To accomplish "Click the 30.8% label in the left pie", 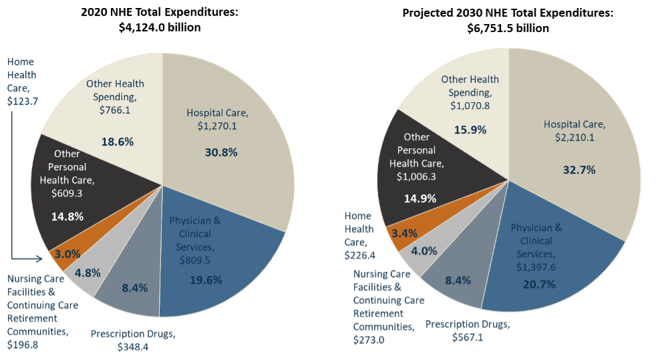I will coord(221,152).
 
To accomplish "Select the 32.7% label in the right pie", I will coord(579,170).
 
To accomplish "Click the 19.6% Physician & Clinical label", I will coord(205,280).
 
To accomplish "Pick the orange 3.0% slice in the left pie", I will coord(67,254).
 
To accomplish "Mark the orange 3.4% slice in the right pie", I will coord(404,233).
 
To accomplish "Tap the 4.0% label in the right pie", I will coord(424,251).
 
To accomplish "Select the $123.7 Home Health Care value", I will coord(22,101).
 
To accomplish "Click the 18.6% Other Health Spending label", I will coord(118,142).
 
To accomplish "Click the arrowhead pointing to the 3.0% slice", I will coord(47,255).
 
